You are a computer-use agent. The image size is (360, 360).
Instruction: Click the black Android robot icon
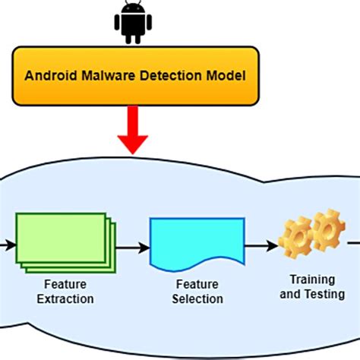coord(133,22)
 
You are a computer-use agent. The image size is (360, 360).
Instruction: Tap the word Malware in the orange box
coord(109,76)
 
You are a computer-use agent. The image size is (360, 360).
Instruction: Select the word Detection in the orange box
coord(171,76)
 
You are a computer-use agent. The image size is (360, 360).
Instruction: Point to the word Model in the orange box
coord(226,76)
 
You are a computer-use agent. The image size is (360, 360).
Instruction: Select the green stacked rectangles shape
coord(66,243)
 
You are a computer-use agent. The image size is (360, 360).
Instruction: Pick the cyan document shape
coord(197,244)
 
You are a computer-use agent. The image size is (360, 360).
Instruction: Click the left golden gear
coord(295,238)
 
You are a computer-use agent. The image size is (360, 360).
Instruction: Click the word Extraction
coord(65,299)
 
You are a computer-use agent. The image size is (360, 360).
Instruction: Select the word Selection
coord(197,299)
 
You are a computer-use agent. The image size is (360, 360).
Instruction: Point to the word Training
coord(312,280)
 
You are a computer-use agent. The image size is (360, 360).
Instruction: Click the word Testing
coord(324,294)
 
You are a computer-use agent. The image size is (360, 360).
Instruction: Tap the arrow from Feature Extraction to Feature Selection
coord(133,248)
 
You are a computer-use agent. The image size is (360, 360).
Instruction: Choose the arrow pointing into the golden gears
coord(261,246)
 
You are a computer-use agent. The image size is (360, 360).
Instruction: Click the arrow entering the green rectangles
coord(8,245)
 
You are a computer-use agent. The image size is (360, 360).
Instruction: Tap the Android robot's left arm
coord(117,22)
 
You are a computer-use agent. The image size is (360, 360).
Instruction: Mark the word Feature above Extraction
coord(65,284)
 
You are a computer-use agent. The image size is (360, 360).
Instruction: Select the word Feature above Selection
coord(197,284)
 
